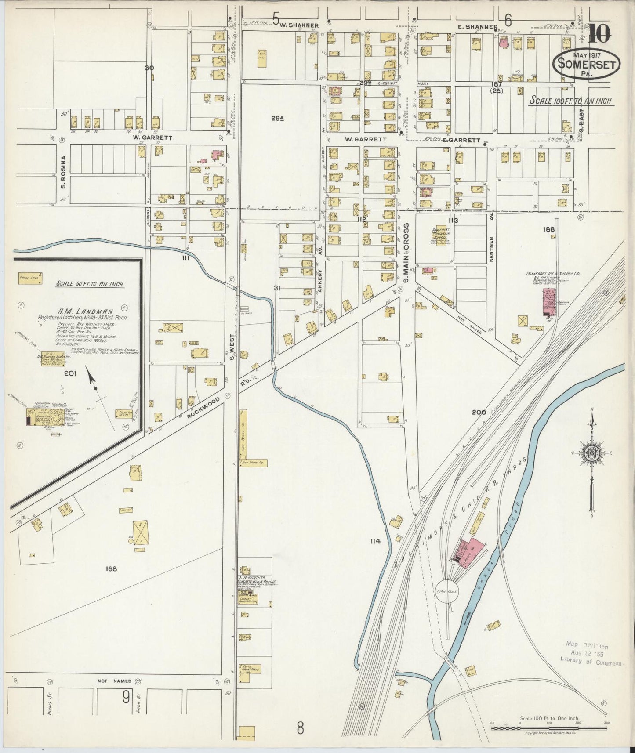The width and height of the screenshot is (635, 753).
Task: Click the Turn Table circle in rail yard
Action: pos(447,591)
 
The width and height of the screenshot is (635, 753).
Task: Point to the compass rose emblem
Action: pos(591,453)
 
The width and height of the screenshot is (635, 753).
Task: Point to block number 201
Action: pos(70,374)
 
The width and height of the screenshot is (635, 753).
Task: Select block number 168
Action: pos(111,569)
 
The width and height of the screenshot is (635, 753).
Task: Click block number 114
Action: pos(375,541)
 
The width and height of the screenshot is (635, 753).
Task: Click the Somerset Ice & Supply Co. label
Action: pos(554,273)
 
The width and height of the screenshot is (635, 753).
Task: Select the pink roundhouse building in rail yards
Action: pos(468,549)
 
